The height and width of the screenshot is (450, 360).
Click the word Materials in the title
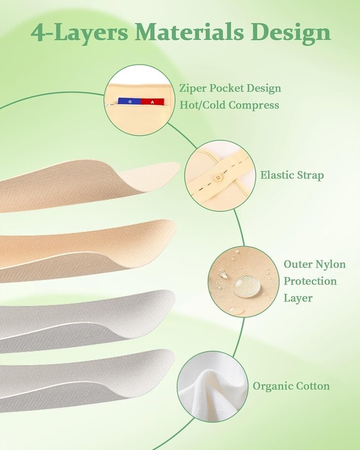point(189,32)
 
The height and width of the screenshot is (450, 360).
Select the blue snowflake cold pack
point(129,102)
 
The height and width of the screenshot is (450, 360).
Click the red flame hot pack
point(152,102)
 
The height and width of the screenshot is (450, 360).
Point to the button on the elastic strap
point(219,178)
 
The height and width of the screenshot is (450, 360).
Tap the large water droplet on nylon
point(247,286)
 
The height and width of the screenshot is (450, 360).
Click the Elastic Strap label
point(292,175)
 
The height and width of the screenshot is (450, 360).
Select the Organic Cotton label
point(291,386)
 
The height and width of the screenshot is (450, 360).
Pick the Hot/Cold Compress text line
point(229,105)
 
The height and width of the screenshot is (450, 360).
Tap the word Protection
point(310,281)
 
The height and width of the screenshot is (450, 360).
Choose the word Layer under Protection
point(298,298)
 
